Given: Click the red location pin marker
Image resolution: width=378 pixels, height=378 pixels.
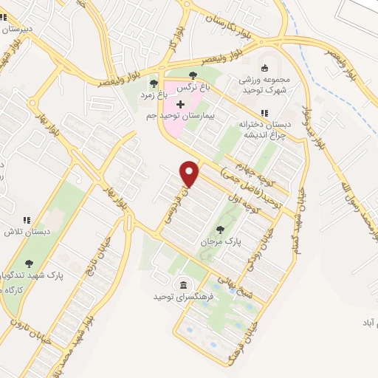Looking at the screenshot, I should pos(190,173).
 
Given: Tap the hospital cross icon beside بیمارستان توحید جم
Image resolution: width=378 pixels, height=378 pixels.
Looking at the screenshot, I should pos(180,105).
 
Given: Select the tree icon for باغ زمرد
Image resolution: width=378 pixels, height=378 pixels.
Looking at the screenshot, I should pos(153,83).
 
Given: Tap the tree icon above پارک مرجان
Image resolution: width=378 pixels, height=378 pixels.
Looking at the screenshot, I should pos(219,229).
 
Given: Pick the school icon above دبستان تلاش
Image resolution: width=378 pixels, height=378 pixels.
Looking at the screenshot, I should pos(27,220).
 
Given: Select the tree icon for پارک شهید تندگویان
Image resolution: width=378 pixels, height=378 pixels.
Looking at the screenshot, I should pos(30,262).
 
